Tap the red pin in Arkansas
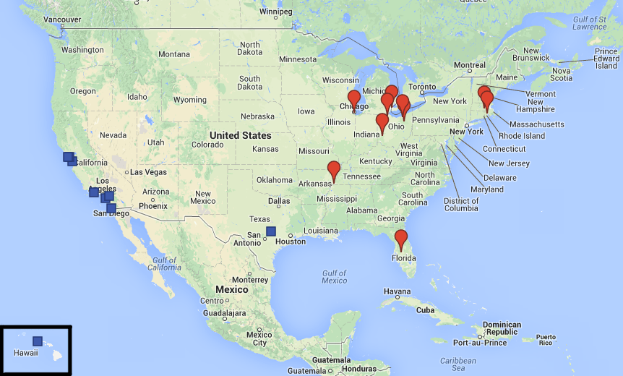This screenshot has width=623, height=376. (334, 170)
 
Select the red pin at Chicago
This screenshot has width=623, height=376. (354, 99)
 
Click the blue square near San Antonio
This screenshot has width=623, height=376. (270, 231)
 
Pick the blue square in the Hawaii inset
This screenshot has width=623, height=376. (38, 341)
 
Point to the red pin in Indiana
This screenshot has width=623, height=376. (382, 122)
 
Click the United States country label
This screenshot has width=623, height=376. (240, 135)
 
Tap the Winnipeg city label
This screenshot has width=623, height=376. (276, 12)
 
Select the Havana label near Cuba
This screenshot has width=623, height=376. (397, 291)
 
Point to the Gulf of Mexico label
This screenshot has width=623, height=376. (334, 275)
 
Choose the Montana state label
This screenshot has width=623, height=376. (173, 54)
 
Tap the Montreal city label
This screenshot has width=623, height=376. (470, 65)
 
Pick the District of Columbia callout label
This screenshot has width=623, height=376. (461, 205)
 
